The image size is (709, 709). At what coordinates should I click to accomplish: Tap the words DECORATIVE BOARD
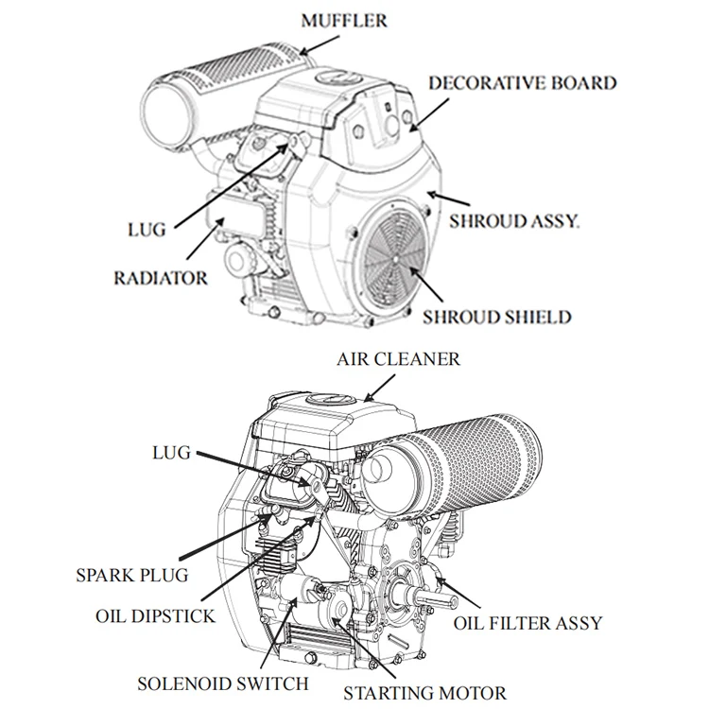point(522,82)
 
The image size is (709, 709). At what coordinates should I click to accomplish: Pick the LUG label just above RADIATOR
point(145,229)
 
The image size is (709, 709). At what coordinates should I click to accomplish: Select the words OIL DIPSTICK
point(155,616)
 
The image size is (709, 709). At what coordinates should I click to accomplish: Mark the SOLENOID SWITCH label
point(222,683)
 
